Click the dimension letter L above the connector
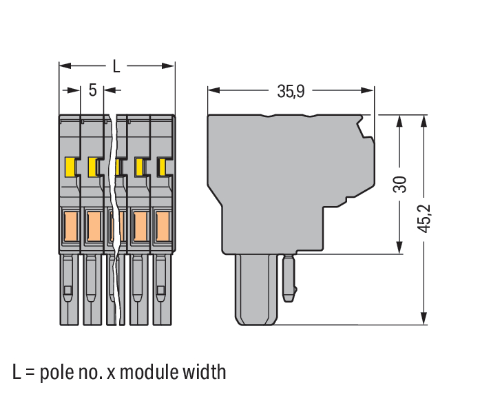116,66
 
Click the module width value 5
92,90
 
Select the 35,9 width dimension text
291,90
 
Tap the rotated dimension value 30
399,185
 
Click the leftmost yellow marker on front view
70,166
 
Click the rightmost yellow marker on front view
163,167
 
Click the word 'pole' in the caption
60,373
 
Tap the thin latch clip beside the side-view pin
290,276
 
